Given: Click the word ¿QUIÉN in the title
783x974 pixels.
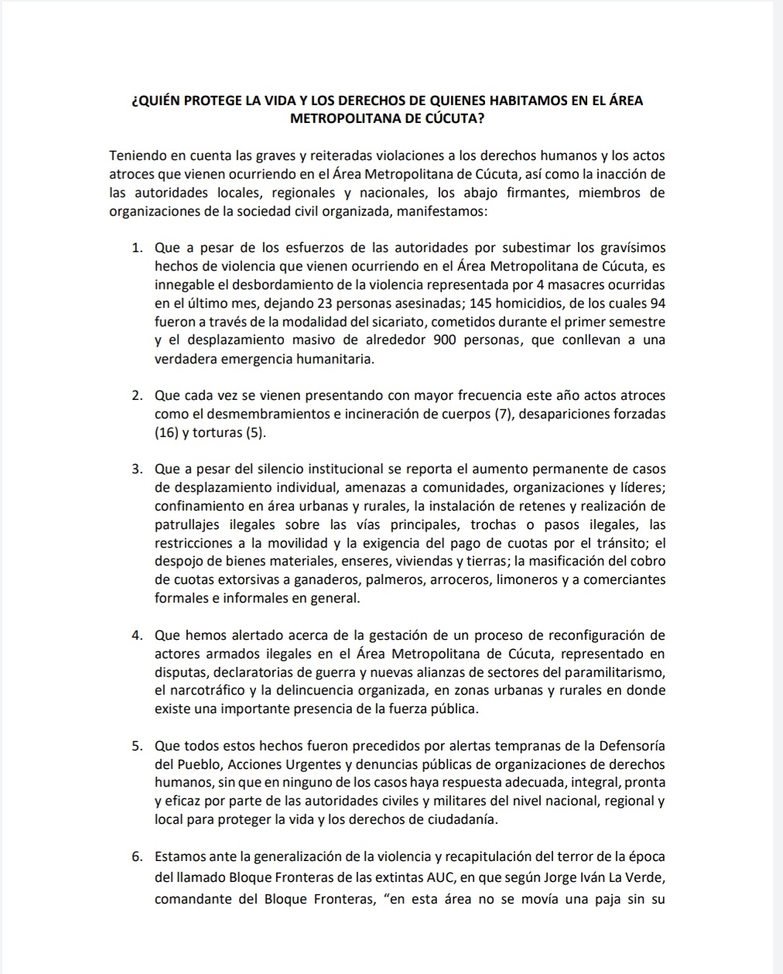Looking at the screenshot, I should [x=159, y=101].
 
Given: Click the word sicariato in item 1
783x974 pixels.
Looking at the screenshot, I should [x=446, y=322].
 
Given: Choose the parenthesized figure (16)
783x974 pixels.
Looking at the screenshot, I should [x=166, y=433].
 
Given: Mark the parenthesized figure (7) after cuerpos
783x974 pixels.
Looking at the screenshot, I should [x=502, y=415].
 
